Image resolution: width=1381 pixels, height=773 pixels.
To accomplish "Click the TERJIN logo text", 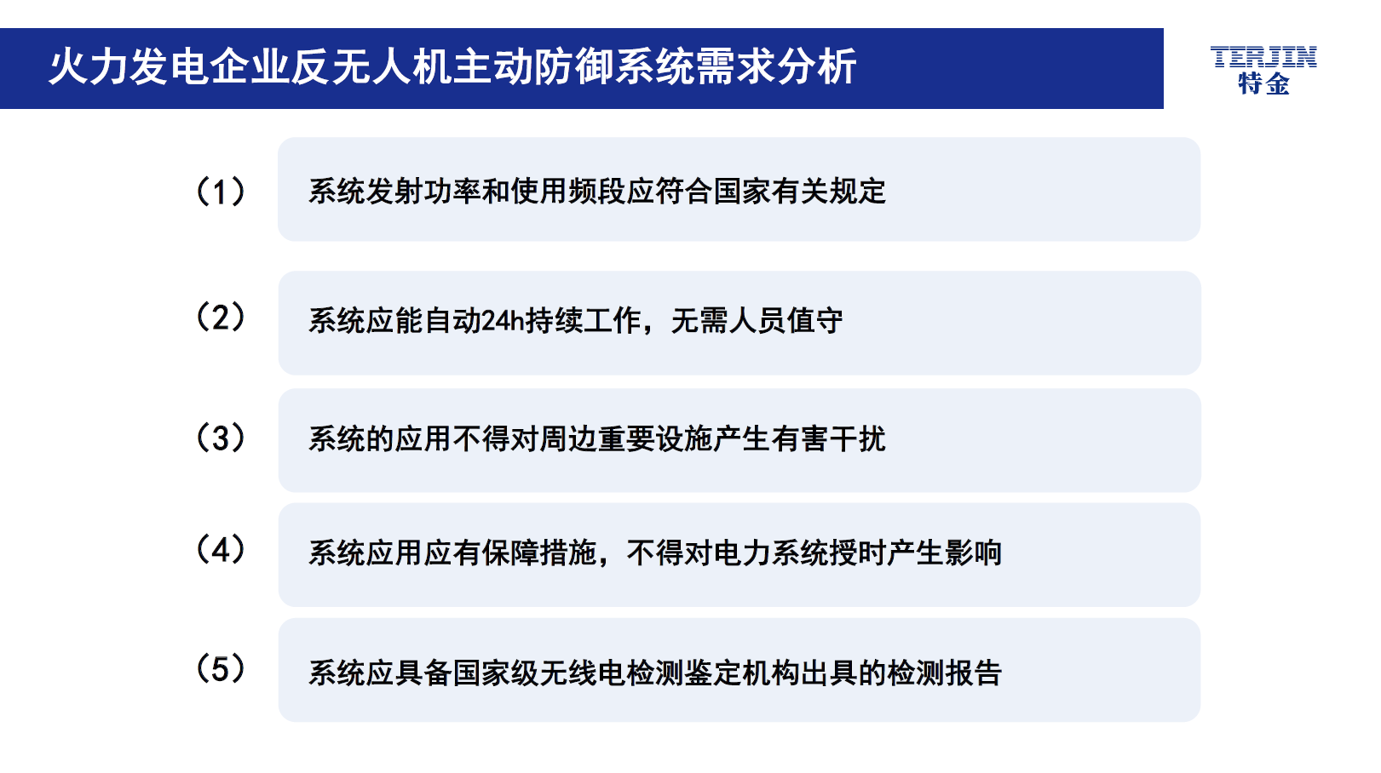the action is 1263,57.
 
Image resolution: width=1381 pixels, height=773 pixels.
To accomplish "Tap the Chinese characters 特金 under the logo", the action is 1264,83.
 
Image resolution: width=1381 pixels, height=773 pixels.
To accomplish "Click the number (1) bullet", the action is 220,192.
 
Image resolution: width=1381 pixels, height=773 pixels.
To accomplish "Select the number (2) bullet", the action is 220,318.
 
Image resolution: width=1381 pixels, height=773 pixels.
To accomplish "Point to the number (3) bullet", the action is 220,438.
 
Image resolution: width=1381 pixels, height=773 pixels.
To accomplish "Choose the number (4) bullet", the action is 220,549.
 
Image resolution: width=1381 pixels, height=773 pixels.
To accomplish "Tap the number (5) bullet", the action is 220,669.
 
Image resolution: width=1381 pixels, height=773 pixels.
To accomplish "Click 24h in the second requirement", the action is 502,321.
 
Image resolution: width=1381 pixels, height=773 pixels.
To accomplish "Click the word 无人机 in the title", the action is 392,66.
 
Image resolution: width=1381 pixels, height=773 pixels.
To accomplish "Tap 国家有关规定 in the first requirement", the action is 800,192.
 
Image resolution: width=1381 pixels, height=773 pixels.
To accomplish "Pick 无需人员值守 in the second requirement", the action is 757,321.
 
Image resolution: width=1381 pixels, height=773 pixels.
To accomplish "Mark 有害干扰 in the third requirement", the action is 828,439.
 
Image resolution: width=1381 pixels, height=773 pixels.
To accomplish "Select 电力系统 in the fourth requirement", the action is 771,553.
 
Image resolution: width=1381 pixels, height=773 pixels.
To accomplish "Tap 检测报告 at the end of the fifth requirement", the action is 944,673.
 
